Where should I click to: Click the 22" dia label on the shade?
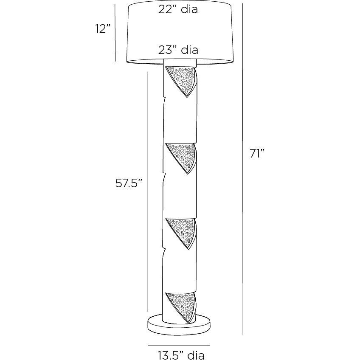click(178, 9)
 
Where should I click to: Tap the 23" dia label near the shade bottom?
click(178, 50)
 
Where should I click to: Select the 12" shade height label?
click(103, 29)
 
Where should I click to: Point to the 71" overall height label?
click(257, 154)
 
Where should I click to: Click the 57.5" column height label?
click(129, 183)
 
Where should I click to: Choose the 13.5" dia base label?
click(181, 355)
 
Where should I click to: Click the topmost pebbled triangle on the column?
click(182, 81)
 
